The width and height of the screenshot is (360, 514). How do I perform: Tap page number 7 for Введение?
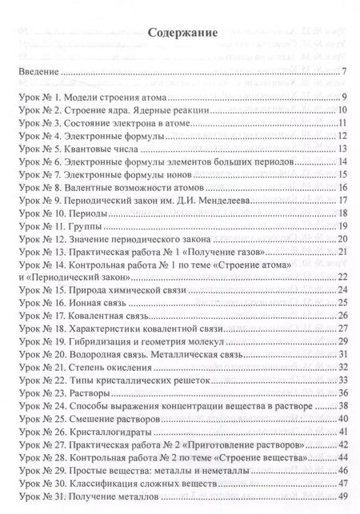342,74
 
